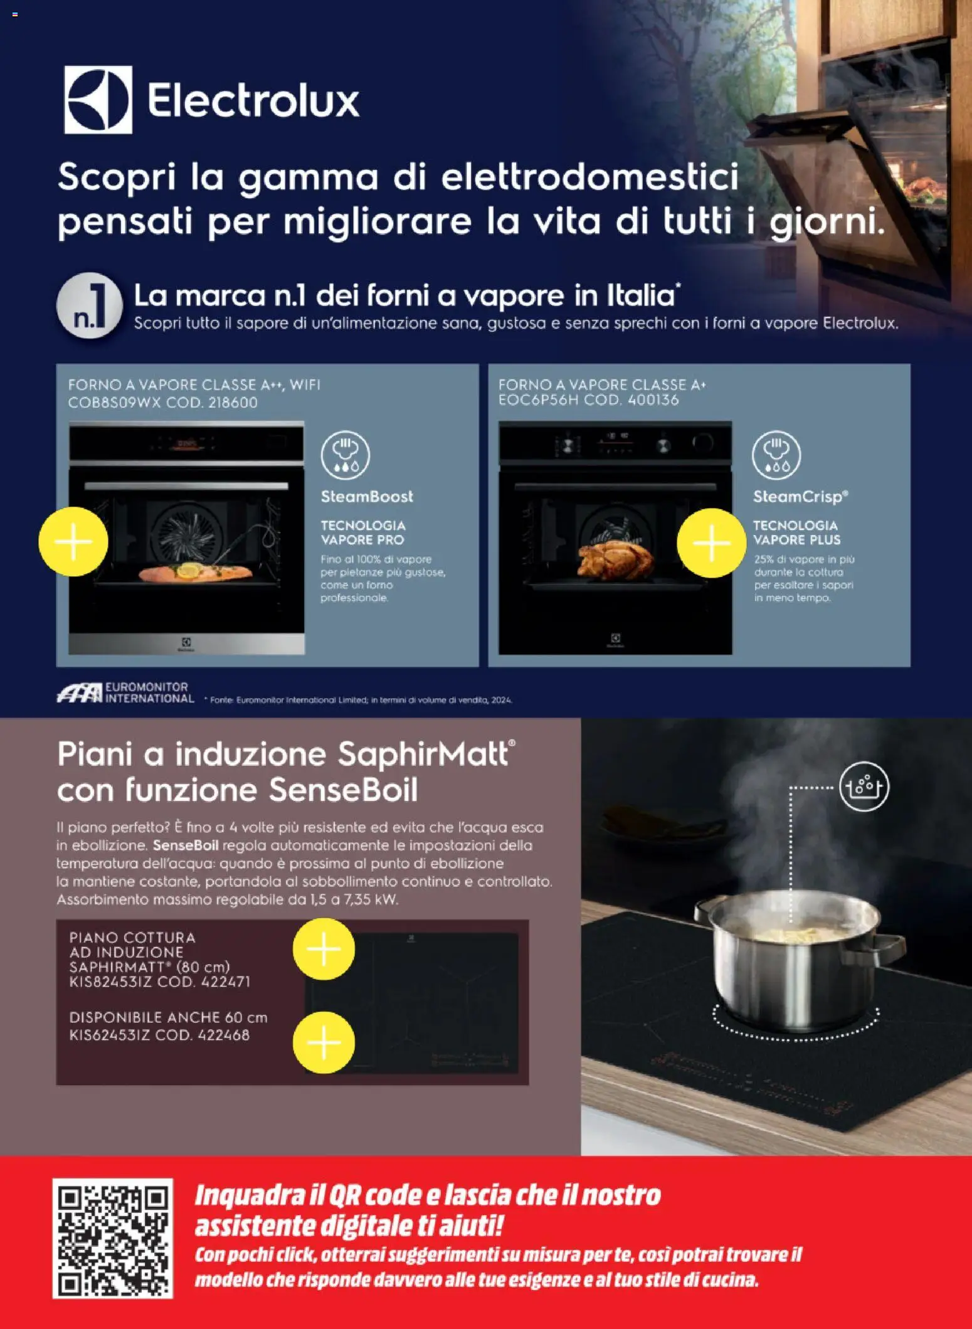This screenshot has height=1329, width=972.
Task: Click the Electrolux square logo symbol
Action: (x=98, y=100)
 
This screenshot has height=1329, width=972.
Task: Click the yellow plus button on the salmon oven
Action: (x=73, y=541)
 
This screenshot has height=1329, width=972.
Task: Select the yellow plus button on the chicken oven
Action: (x=711, y=543)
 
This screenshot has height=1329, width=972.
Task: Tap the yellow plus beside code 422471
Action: (x=324, y=949)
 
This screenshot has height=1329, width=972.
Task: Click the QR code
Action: (x=112, y=1237)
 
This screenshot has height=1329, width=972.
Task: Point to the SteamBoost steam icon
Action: (x=345, y=455)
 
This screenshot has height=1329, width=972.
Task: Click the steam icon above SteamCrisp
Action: (x=776, y=455)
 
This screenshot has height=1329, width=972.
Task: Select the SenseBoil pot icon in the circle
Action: (x=864, y=786)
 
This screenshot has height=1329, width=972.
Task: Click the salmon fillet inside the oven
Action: (x=194, y=572)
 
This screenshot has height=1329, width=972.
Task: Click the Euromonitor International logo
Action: (x=125, y=693)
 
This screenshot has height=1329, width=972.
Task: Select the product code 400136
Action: (x=653, y=400)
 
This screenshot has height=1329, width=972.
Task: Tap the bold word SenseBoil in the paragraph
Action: (x=185, y=845)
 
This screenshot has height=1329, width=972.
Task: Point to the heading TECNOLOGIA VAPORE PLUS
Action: (x=796, y=532)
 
